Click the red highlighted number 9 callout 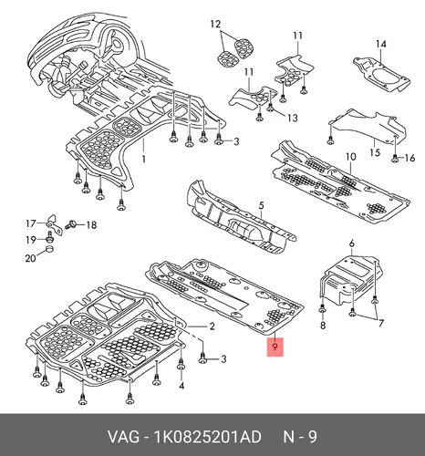[x=275, y=347]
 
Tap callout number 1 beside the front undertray [x=144, y=159]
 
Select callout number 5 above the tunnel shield [x=262, y=206]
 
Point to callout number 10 [x=350, y=157]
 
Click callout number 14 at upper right [x=380, y=44]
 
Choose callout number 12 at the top [x=215, y=24]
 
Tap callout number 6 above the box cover [x=352, y=244]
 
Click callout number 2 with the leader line [x=212, y=326]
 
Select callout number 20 [x=30, y=258]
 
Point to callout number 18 [x=91, y=225]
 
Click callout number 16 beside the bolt [x=409, y=158]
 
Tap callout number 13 [x=293, y=118]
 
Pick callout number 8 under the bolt [x=323, y=326]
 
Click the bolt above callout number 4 [x=181, y=365]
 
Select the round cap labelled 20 [x=50, y=250]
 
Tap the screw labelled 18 [x=70, y=225]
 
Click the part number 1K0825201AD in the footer [x=208, y=437]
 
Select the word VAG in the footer [x=124, y=437]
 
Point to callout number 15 [x=376, y=151]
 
